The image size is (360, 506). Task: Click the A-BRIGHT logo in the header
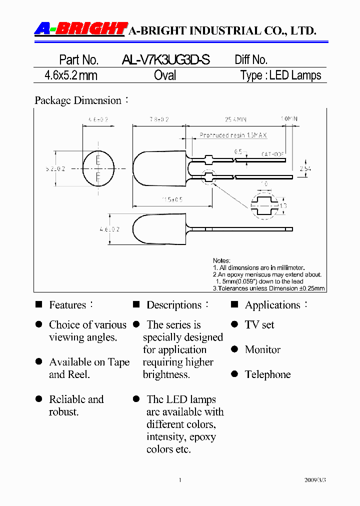coord(80,29)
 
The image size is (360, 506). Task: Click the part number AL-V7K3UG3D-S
coord(165,60)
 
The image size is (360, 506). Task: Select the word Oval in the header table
coord(165,75)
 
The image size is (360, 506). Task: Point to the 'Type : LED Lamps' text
coord(280,75)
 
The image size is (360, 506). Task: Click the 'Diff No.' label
coord(251,60)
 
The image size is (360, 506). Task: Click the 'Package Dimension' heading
coord(78,100)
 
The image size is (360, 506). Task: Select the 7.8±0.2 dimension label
coord(158,119)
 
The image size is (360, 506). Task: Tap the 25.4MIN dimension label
coord(235,119)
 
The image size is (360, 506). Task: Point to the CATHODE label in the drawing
coord(272,154)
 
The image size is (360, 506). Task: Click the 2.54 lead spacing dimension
coord(305,169)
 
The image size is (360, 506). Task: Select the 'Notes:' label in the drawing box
coord(221,260)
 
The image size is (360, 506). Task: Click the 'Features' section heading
coord(67,305)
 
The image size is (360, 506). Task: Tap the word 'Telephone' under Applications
coord(267,374)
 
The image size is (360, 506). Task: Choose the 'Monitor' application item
coord(262,349)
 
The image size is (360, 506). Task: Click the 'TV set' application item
coord(259,324)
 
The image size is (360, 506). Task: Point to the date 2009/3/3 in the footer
coord(314,480)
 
